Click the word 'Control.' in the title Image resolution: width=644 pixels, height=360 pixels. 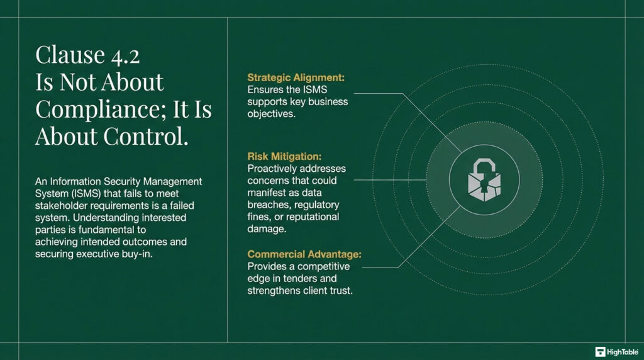151,135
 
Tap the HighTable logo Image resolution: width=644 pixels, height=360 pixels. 617,351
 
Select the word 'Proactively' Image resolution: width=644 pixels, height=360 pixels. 273,169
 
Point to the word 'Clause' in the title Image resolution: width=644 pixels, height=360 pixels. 69,55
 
